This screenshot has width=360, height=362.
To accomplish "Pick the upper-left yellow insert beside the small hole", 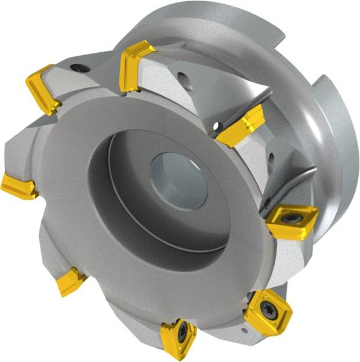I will (43, 88).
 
